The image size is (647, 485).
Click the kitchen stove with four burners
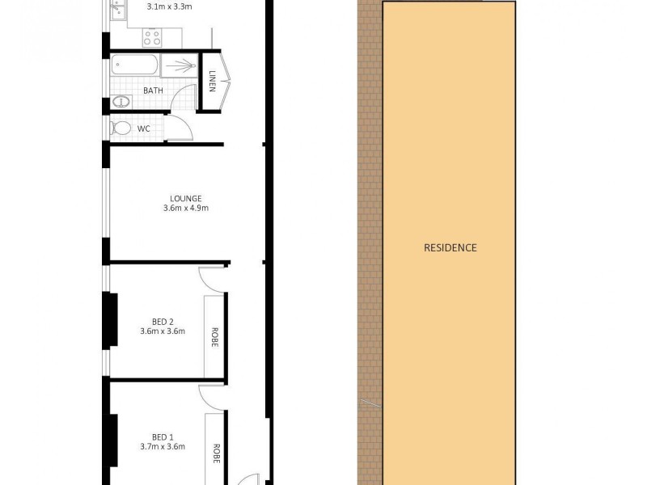tap(151, 36)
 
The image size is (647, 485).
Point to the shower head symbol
tap(181, 65)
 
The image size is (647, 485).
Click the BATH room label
tap(154, 91)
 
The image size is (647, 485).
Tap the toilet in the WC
tap(121, 129)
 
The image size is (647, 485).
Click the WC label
tap(143, 129)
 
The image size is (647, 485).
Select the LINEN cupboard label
tap(212, 81)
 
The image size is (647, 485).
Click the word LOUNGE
tap(186, 198)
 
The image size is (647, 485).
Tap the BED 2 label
tap(163, 321)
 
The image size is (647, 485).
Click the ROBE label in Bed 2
tap(215, 335)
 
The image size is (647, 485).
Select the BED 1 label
tap(163, 437)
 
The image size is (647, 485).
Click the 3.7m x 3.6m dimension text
tap(163, 447)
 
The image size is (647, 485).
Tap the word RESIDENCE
tap(450, 247)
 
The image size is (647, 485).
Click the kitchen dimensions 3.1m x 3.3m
tap(169, 8)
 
